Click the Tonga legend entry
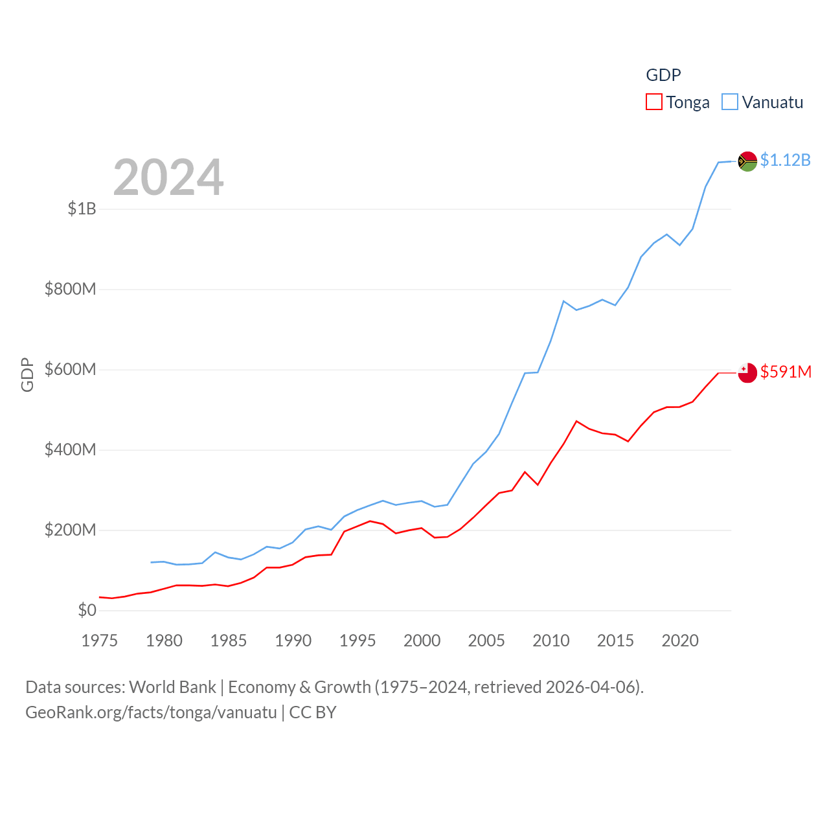pyautogui.click(x=678, y=102)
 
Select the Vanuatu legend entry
pyautogui.click(x=763, y=102)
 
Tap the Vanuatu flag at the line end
pyautogui.click(x=747, y=161)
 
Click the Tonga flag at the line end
pyautogui.click(x=747, y=372)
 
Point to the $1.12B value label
pyautogui.click(x=785, y=160)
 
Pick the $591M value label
pyautogui.click(x=786, y=372)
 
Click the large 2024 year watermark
pyautogui.click(x=168, y=177)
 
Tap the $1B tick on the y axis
pyautogui.click(x=82, y=209)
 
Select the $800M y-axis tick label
pyautogui.click(x=70, y=289)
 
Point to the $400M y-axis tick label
pyautogui.click(x=70, y=449)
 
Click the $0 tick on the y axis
pyautogui.click(x=87, y=610)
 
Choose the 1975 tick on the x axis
pyautogui.click(x=100, y=641)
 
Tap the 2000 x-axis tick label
pyautogui.click(x=422, y=641)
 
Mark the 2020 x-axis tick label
pyautogui.click(x=680, y=641)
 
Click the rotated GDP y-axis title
pyautogui.click(x=27, y=374)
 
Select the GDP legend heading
pyautogui.click(x=663, y=75)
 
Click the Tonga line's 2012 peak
pyautogui.click(x=576, y=421)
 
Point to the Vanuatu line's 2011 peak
pyautogui.click(x=563, y=301)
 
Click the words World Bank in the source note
pyautogui.click(x=172, y=687)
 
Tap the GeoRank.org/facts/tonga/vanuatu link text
pyautogui.click(x=151, y=712)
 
